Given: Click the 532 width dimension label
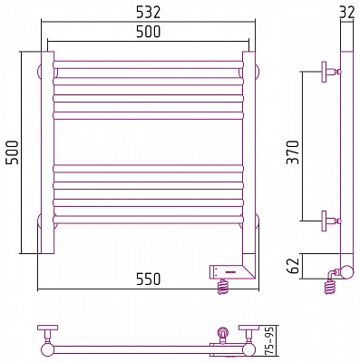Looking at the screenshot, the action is pyautogui.click(x=148, y=13).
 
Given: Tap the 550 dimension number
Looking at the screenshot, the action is pyautogui.click(x=148, y=279).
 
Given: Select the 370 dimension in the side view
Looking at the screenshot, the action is pyautogui.click(x=293, y=152).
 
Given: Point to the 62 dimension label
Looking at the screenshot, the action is pyautogui.click(x=293, y=266).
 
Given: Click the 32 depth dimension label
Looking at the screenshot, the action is pyautogui.click(x=346, y=13).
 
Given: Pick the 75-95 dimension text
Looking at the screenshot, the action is pyautogui.click(x=271, y=340).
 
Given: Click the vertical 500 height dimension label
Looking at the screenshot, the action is pyautogui.click(x=13, y=152).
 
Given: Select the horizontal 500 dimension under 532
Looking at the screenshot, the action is pyautogui.click(x=148, y=32).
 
